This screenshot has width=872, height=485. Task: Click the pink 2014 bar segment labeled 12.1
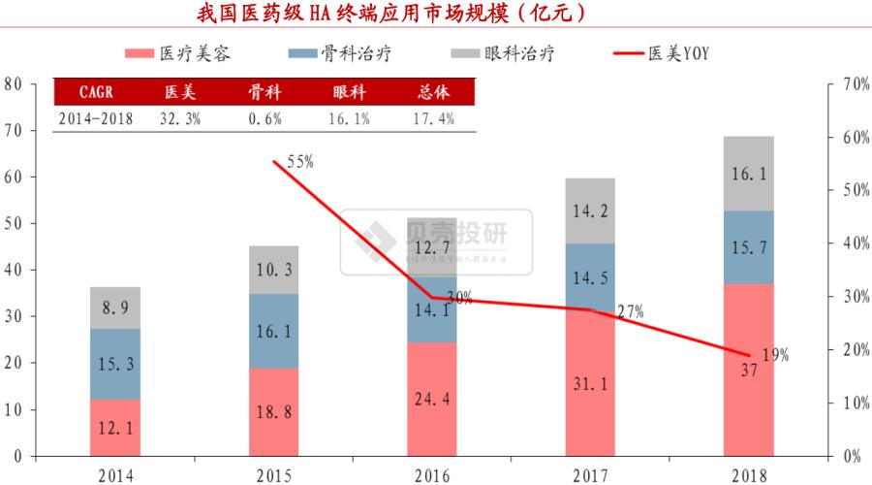pos(115,427)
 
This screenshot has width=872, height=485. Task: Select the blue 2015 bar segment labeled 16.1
pos(273,331)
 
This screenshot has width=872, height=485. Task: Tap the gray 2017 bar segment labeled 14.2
pos(590,211)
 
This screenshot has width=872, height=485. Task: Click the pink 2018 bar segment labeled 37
pos(748,370)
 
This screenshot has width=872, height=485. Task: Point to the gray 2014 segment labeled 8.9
pos(115,307)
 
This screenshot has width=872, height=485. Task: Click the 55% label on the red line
pos(299,162)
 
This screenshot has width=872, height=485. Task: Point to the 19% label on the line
pos(775,355)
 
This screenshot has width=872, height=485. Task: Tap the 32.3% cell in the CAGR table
pos(178,118)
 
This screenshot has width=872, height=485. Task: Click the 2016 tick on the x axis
pos(431,474)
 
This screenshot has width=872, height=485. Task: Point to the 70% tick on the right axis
pos(853,84)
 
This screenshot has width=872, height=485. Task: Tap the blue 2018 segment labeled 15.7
pos(748,247)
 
